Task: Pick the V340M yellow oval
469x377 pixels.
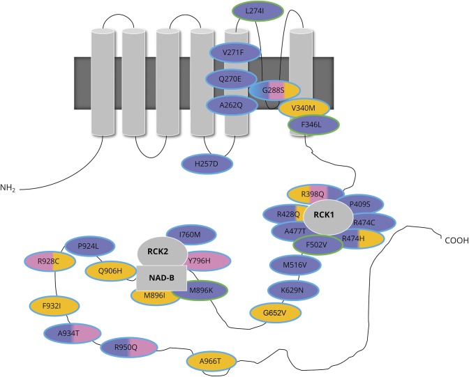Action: tap(304, 108)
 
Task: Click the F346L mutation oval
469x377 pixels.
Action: tap(313, 125)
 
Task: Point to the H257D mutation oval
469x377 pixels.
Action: tap(207, 163)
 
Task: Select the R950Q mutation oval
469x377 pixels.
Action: tap(128, 346)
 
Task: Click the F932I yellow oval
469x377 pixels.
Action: tap(54, 305)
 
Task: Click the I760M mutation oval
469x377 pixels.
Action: tap(189, 235)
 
